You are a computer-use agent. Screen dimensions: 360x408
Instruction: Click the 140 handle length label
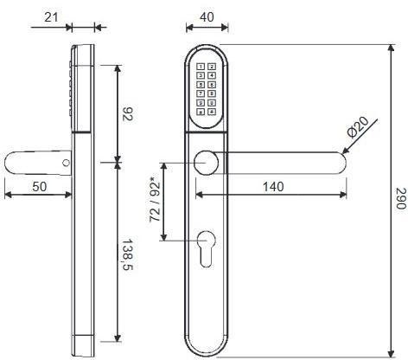[x=274, y=185]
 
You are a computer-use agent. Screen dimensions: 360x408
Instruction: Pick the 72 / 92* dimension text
[x=156, y=201]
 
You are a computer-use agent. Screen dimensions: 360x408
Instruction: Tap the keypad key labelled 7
[x=201, y=94]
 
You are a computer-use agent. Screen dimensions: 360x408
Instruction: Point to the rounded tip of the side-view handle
[x=10, y=162]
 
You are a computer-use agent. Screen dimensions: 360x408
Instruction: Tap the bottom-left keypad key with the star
[x=201, y=112]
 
